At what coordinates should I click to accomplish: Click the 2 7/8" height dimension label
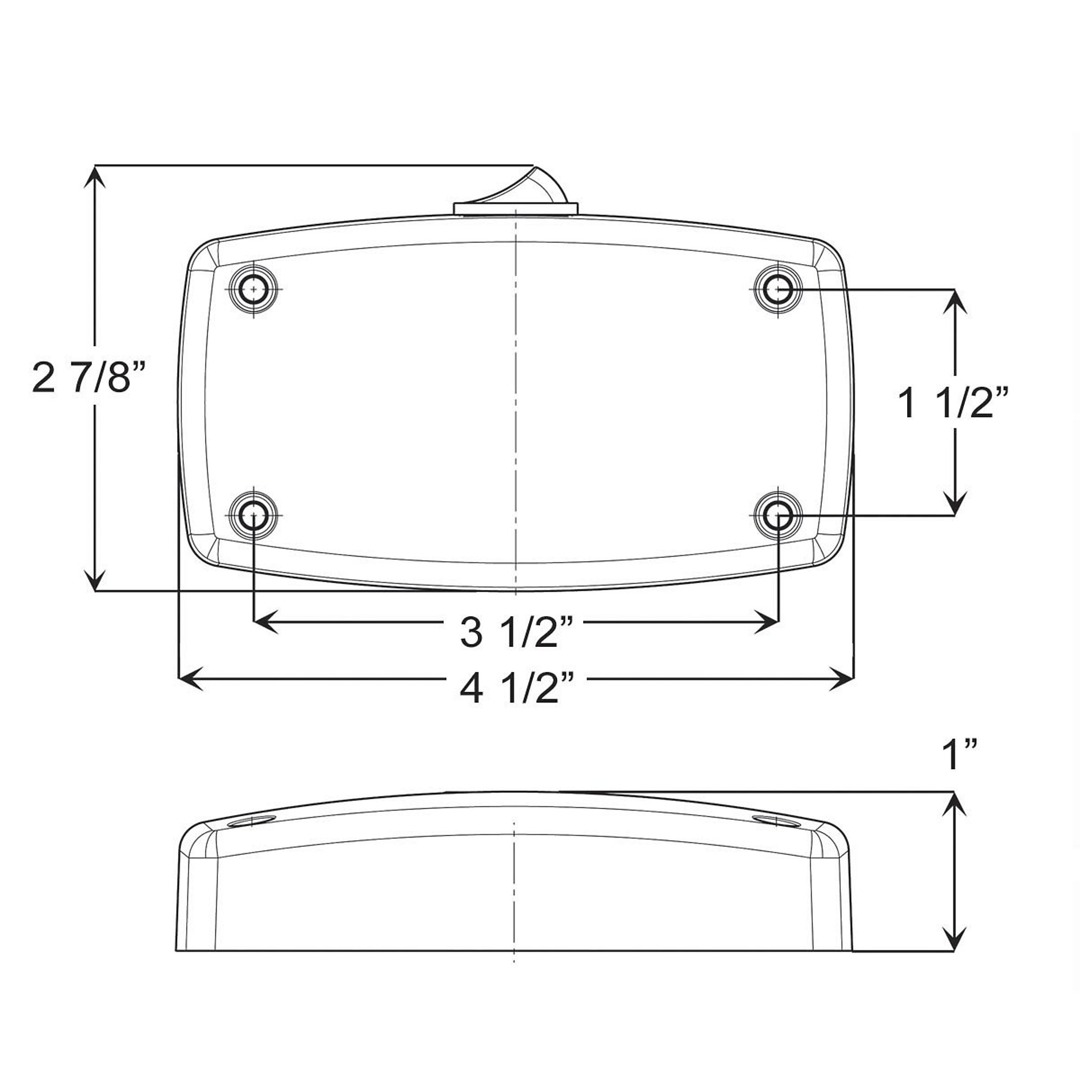click(89, 377)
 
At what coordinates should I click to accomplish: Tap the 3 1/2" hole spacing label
click(517, 633)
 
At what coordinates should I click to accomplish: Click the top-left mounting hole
click(254, 289)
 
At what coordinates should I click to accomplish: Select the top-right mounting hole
click(778, 289)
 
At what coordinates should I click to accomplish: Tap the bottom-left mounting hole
click(254, 515)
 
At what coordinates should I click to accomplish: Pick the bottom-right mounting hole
click(778, 515)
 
